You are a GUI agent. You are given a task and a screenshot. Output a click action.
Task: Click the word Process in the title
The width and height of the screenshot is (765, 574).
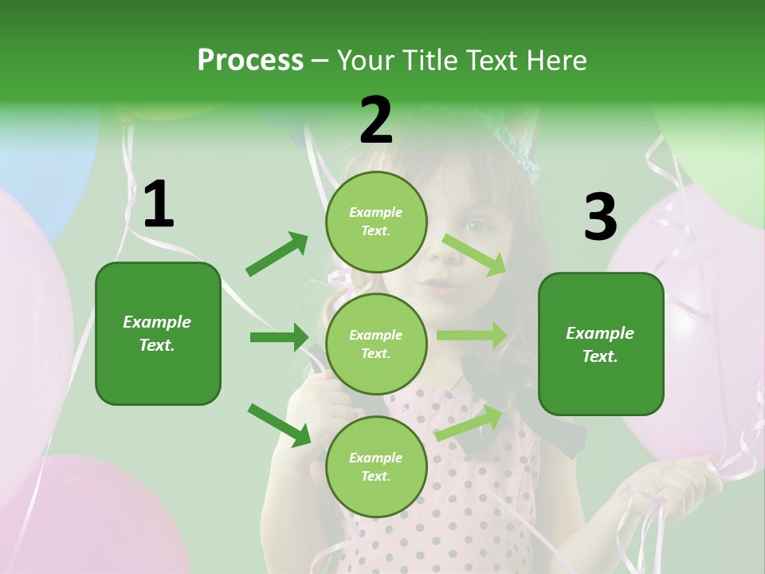(250, 60)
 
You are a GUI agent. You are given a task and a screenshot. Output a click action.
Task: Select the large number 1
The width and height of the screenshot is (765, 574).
(158, 205)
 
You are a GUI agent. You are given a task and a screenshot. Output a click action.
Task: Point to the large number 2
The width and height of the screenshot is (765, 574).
(375, 120)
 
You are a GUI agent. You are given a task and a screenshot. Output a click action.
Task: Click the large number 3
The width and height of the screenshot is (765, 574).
(600, 218)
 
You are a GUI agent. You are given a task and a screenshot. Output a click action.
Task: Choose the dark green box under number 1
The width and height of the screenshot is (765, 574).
(158, 333)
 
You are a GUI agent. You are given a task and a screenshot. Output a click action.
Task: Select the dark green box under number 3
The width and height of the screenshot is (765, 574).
(601, 344)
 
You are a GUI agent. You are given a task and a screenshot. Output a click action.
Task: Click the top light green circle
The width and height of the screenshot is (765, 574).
(376, 222)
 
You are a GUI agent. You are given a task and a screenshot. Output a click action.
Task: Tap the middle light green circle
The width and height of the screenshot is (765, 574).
(376, 344)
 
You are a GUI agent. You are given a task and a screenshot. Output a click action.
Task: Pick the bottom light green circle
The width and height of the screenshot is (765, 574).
(376, 466)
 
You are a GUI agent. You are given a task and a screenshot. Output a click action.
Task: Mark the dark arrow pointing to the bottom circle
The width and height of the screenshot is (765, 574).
(279, 424)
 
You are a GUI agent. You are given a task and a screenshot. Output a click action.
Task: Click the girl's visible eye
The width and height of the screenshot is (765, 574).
(477, 226)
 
